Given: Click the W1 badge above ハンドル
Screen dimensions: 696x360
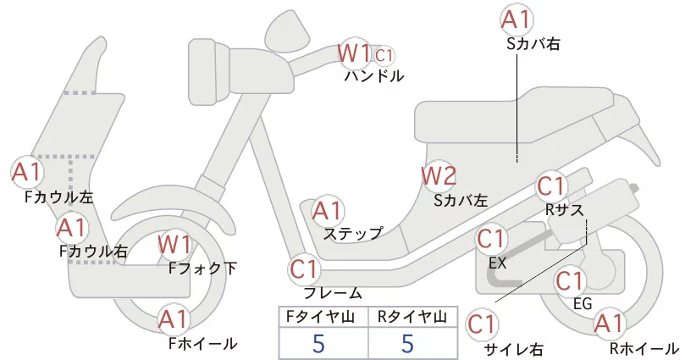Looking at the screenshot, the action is [354, 54].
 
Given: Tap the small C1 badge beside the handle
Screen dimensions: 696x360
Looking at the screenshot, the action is [384, 56].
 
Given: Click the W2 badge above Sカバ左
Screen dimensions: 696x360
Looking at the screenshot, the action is [439, 176].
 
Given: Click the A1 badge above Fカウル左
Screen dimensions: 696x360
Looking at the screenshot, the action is [26, 172].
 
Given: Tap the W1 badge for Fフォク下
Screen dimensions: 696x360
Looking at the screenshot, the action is [175, 246].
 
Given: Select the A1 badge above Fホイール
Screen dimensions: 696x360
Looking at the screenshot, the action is [174, 321].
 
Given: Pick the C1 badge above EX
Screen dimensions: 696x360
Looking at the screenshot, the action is [493, 240].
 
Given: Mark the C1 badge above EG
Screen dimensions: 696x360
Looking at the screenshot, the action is [571, 280].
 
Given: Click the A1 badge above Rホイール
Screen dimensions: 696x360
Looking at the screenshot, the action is [608, 324].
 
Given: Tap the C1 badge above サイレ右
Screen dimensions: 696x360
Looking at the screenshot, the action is [483, 324].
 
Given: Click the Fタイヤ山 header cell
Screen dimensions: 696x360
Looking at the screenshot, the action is [323, 318].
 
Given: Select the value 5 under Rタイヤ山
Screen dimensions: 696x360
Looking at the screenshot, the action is [408, 345].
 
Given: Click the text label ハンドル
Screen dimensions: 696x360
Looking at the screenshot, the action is [373, 76].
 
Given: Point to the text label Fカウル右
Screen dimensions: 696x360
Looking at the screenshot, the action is [93, 251].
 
